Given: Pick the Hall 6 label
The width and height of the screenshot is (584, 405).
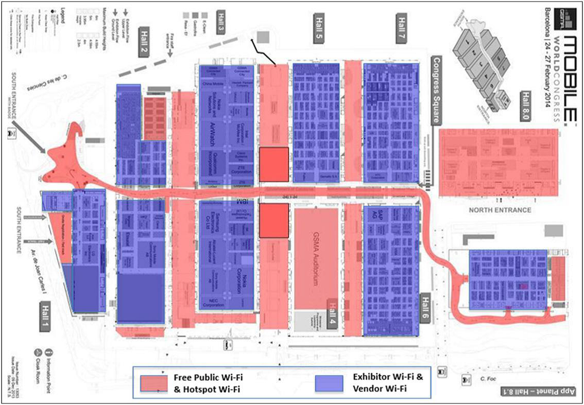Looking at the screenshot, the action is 425,308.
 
